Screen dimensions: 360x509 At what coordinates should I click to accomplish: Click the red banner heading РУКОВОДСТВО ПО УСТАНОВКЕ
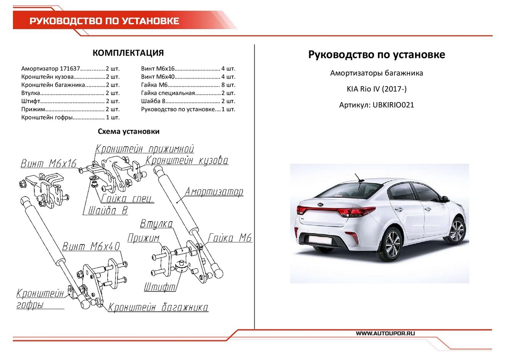(x=104, y=21)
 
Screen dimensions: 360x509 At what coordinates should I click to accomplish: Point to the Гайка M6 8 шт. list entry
(x=188, y=85)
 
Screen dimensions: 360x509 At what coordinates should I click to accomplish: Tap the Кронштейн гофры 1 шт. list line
(x=70, y=117)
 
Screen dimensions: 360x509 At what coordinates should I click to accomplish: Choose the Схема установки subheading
(x=129, y=132)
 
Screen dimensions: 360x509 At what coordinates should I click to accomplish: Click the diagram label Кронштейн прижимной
(x=145, y=149)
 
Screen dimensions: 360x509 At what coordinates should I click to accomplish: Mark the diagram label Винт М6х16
(x=49, y=164)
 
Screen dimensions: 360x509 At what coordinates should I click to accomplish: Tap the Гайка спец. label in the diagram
(x=127, y=199)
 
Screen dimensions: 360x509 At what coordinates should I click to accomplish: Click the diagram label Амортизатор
(x=214, y=192)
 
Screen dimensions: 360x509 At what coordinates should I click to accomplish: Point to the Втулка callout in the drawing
(x=157, y=224)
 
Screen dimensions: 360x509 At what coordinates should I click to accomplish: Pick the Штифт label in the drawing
(x=160, y=287)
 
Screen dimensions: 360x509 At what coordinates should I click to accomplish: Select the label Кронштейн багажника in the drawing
(x=158, y=308)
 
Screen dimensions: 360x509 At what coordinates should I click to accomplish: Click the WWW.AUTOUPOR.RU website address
(x=386, y=334)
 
